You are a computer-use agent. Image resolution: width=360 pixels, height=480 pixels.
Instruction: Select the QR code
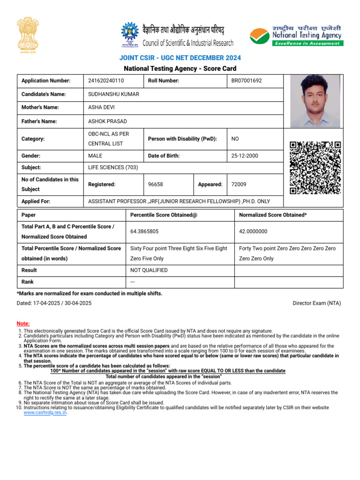point(315,168)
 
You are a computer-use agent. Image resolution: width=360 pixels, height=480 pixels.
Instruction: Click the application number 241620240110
point(106,81)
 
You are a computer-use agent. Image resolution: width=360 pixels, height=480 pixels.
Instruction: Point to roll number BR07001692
point(247,81)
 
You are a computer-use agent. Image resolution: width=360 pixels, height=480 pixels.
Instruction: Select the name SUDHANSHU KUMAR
point(113,94)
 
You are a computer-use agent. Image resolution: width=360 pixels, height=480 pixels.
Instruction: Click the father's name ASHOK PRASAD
point(107,121)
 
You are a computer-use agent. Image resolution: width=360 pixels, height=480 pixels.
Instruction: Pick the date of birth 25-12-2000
point(245,156)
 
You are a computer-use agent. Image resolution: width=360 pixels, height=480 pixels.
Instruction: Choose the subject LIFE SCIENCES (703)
point(113,167)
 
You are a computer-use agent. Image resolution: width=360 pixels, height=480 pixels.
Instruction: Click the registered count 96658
point(156,185)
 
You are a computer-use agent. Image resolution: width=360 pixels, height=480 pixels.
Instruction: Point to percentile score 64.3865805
point(144,232)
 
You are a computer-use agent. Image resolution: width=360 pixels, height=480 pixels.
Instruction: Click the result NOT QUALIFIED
point(149,270)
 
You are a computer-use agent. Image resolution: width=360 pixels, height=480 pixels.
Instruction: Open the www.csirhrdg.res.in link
point(45,413)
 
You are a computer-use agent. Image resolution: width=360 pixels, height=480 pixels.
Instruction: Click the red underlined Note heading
point(22,323)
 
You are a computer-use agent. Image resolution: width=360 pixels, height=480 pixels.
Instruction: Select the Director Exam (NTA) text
point(317,303)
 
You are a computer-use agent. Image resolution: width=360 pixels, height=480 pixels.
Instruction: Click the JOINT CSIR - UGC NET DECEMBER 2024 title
point(180,58)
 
